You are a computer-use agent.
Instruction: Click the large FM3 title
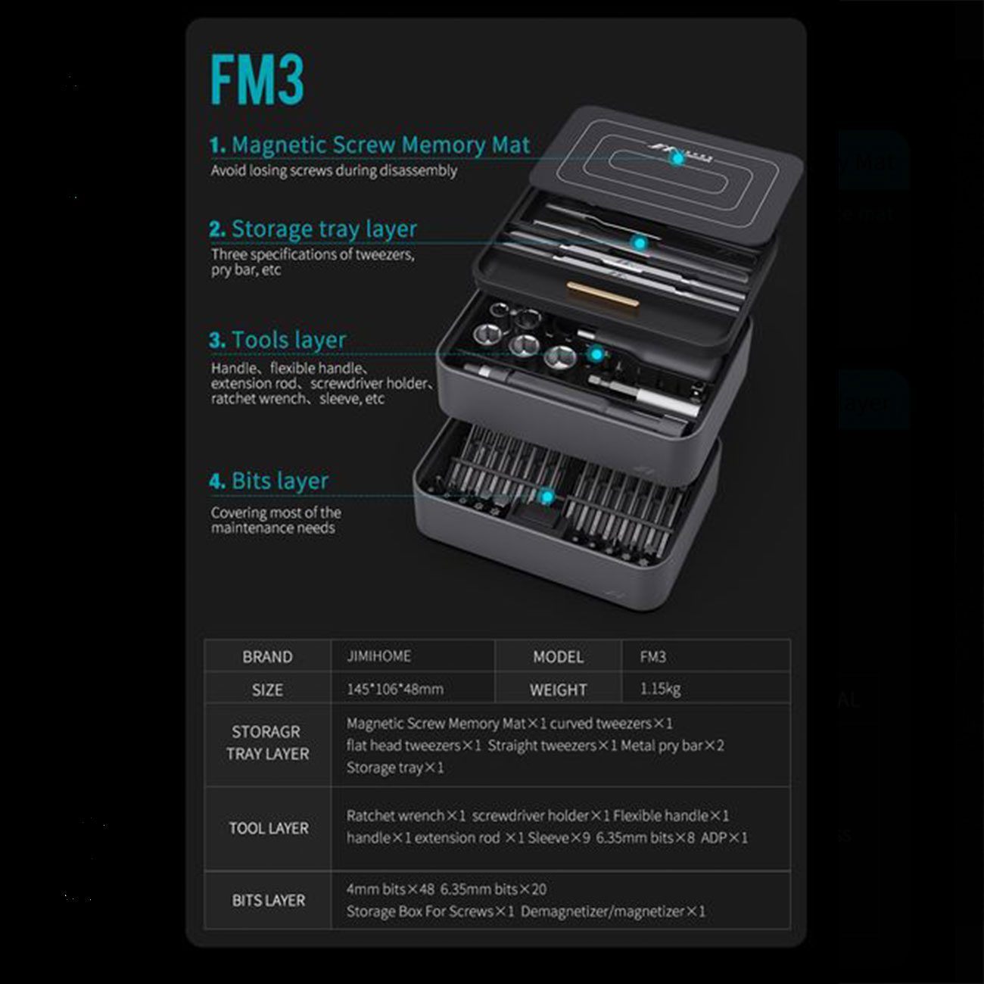tap(257, 79)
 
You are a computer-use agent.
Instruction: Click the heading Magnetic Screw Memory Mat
tap(370, 145)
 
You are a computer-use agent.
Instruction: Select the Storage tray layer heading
tap(313, 229)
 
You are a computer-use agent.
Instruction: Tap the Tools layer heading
tap(278, 340)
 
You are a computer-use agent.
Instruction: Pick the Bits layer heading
tap(269, 481)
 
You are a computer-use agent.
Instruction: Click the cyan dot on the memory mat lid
tap(677, 159)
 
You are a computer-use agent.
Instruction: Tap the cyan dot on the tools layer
tap(596, 354)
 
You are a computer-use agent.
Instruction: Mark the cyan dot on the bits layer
tap(547, 497)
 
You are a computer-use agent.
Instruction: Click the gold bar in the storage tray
tap(603, 294)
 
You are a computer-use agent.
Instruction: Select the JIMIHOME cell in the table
tap(379, 656)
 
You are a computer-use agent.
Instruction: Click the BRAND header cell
tap(268, 657)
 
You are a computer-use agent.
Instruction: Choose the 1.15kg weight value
tap(660, 690)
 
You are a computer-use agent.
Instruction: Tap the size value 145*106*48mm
tap(395, 690)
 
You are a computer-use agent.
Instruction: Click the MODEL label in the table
tap(558, 657)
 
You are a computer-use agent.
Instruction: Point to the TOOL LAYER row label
tap(269, 828)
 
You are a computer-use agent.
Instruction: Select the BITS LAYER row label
tap(269, 900)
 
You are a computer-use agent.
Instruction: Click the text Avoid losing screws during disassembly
tap(334, 170)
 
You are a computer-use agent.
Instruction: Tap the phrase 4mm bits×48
tap(390, 889)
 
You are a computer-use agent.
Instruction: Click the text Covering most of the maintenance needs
tap(276, 520)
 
